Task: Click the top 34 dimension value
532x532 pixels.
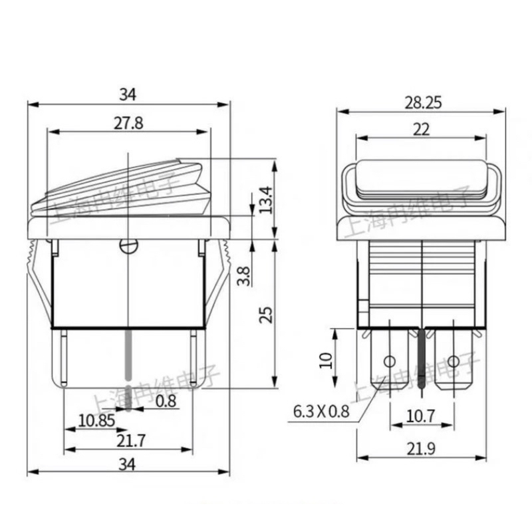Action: (128, 95)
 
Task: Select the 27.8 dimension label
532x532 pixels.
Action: (128, 123)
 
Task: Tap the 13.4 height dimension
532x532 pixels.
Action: (266, 199)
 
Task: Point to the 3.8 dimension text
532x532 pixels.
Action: (244, 275)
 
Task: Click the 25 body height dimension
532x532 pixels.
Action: (266, 315)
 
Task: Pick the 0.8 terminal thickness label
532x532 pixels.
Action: (166, 401)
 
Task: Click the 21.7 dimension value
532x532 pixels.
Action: (128, 440)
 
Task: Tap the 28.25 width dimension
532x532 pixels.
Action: (422, 102)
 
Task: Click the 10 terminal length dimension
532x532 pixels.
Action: (325, 360)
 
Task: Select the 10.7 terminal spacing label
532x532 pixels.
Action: (421, 416)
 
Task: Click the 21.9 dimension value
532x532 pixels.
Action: (422, 449)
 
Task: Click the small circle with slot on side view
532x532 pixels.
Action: (128, 246)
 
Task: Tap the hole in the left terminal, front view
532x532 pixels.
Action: (390, 362)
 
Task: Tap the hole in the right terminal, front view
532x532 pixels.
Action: (454, 362)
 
